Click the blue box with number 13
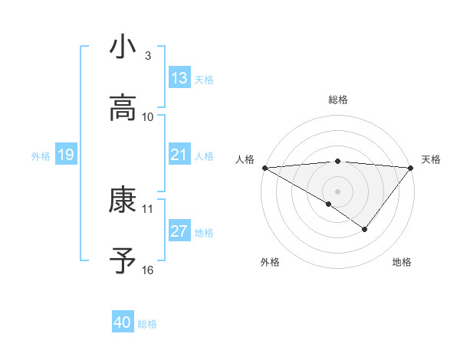coord(179,78)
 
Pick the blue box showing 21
coord(179,155)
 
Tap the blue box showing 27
coord(179,231)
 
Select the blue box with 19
coord(65,155)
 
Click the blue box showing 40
coord(123,323)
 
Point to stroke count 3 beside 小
coord(148,55)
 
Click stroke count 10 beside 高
coord(148,117)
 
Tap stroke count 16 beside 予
coord(148,270)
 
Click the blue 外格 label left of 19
coord(41,155)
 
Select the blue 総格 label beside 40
coord(147,324)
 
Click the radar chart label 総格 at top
coord(338,100)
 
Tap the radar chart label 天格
coord(431,159)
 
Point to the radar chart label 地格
coord(402,262)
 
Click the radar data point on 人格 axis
coord(264,168)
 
